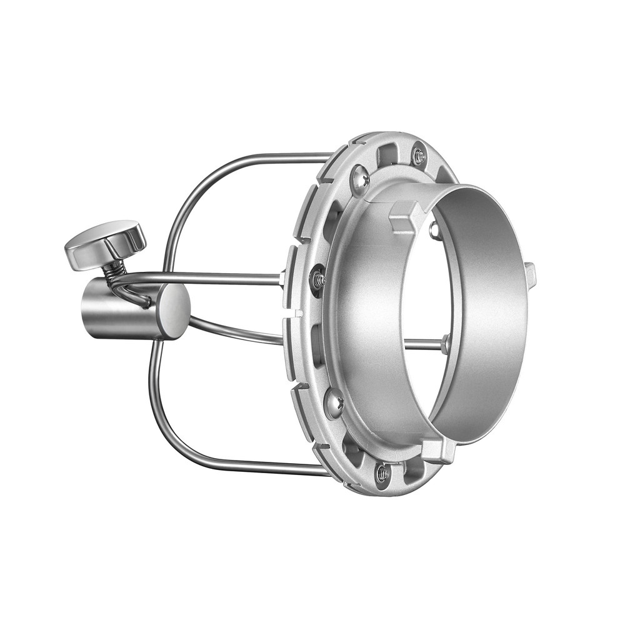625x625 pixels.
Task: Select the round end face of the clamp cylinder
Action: pyautogui.click(x=173, y=311)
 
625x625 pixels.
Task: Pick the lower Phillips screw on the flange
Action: pyautogui.click(x=334, y=403)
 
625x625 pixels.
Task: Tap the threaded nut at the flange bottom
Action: pyautogui.click(x=382, y=473)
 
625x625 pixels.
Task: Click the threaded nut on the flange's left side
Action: pyautogui.click(x=317, y=278)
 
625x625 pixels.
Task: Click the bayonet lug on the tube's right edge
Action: pyautogui.click(x=531, y=272)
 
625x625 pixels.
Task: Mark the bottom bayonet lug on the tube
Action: pyautogui.click(x=437, y=449)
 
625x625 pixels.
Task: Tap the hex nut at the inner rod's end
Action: pyautogui.click(x=445, y=343)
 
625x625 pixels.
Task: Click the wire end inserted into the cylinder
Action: pyautogui.click(x=147, y=304)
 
